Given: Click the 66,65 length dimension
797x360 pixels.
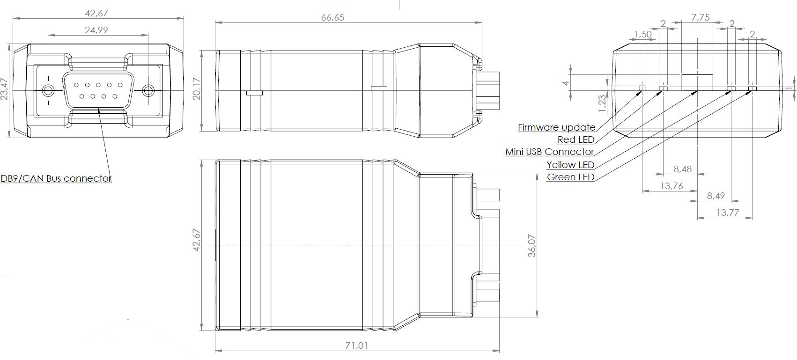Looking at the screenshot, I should coord(332,17).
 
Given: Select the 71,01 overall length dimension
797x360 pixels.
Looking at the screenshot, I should coord(356,345).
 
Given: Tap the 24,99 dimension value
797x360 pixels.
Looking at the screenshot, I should coord(96,30).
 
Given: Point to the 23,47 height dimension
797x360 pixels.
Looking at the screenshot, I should coord(4,89).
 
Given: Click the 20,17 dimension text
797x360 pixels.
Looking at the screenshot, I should coord(197,89).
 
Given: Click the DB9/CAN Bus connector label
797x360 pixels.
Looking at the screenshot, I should coord(56,178).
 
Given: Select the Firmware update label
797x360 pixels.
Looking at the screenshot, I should coord(556,127).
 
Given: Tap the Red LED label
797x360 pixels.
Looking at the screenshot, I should coord(576,140).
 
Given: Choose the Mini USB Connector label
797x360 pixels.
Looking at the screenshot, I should coord(549,152).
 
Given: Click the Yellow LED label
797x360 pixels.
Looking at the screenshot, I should coord(570,165).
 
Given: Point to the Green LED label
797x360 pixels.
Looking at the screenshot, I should coord(570,177).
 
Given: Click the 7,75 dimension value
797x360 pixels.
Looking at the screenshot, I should coord(701,18).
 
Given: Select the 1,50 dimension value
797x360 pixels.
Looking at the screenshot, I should coord(643,34).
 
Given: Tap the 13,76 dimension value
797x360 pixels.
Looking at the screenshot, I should coord(672,186).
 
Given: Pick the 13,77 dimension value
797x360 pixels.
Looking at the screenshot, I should coord(727,213).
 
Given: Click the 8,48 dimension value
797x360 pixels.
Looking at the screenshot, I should coord(682,169).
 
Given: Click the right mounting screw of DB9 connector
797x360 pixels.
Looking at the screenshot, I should coord(148,90).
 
